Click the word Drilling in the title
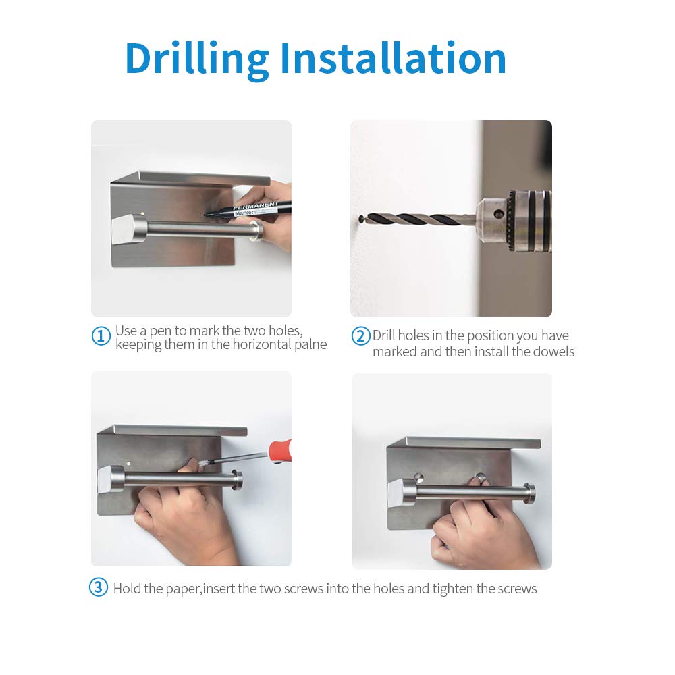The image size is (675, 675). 197,60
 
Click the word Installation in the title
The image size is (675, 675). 393,57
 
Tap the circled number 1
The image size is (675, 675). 101,335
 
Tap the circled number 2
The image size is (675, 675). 360,336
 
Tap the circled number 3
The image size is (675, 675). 99,587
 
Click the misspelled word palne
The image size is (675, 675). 310,344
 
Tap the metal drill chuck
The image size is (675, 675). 514,221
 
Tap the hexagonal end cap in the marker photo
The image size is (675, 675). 124,230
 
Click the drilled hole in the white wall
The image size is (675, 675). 360,219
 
